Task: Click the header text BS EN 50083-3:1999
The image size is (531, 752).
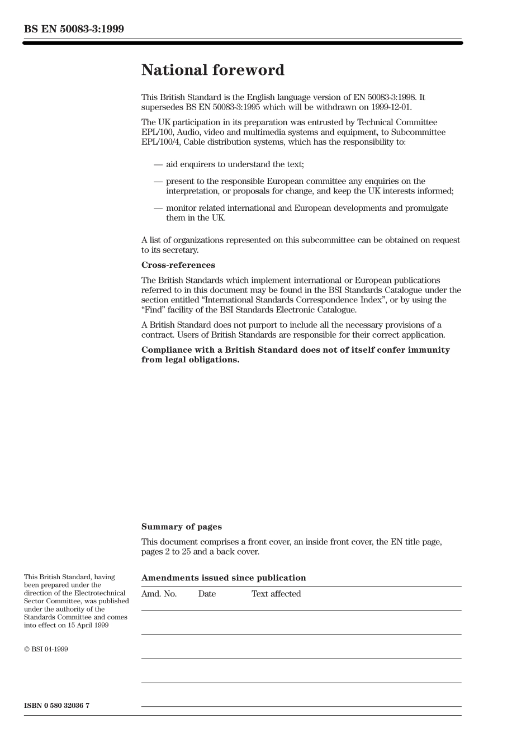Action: click(x=74, y=29)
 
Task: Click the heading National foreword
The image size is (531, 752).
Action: click(x=212, y=70)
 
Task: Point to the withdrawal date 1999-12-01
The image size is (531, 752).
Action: click(x=391, y=107)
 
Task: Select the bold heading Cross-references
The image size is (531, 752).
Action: click(x=178, y=265)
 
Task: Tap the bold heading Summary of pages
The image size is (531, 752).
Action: click(x=181, y=527)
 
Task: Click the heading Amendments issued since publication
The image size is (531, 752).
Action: click(x=224, y=578)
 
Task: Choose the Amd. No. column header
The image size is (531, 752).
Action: click(x=159, y=594)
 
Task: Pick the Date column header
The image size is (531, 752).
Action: click(x=206, y=594)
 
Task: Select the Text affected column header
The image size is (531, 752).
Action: click(x=276, y=594)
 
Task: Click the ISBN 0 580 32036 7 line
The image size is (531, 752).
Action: click(x=56, y=706)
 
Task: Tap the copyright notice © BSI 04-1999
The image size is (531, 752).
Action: click(x=46, y=649)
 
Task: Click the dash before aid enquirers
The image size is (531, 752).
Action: click(x=158, y=164)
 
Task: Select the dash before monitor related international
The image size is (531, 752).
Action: click(x=158, y=208)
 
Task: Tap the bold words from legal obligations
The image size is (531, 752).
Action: click(x=190, y=360)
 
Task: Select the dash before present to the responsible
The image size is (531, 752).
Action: click(x=158, y=181)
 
